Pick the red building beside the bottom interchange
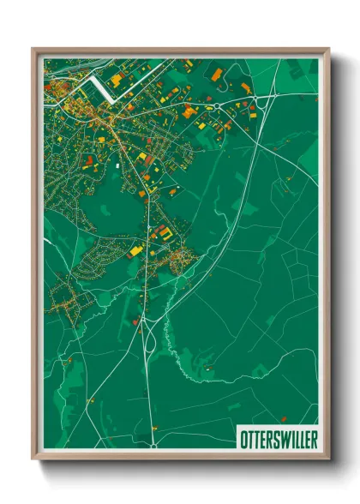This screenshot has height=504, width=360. point(136,322)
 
